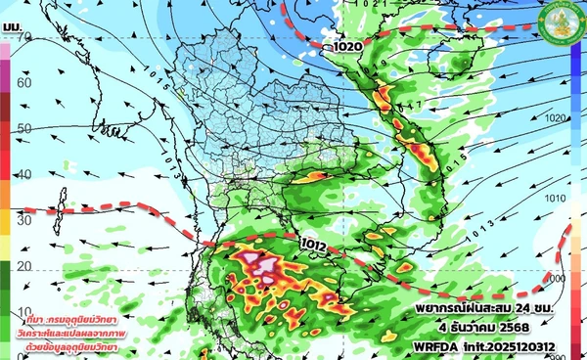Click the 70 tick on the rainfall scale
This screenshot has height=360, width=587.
(23, 36)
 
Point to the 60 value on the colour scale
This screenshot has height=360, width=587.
(23, 82)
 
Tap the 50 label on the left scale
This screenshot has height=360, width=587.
(23, 128)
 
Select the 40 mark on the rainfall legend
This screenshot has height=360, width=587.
(23, 174)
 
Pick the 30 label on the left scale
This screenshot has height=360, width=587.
(23, 220)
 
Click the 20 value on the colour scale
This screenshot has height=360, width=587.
(23, 266)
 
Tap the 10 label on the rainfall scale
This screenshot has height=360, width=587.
(23, 311)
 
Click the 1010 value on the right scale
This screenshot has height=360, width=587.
(555, 198)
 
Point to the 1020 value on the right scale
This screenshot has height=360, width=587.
(555, 117)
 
